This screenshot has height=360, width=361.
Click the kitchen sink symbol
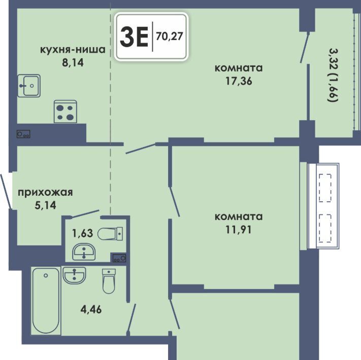(x=29, y=86)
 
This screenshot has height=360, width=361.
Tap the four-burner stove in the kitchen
(x=65, y=112)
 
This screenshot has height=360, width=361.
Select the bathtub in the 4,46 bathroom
(x=46, y=301)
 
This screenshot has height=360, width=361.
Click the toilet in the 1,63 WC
(x=110, y=234)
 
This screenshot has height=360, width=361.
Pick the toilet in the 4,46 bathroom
(x=109, y=281)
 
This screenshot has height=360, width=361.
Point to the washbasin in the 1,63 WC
(x=84, y=252)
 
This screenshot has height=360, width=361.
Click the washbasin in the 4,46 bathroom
(x=74, y=275)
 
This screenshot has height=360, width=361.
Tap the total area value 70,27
(x=170, y=37)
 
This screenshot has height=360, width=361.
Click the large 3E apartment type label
(x=134, y=37)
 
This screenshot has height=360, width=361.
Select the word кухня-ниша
(x=73, y=50)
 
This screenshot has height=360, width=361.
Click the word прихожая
(x=45, y=193)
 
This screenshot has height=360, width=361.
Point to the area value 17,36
(x=239, y=81)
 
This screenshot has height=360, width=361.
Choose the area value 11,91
(x=239, y=230)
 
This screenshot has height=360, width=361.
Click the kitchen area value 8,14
(x=73, y=62)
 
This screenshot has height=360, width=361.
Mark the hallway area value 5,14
(x=45, y=205)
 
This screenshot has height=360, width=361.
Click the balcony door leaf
(x=305, y=47)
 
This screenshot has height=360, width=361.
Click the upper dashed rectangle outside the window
(x=325, y=188)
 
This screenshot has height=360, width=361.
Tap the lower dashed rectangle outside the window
(x=325, y=228)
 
